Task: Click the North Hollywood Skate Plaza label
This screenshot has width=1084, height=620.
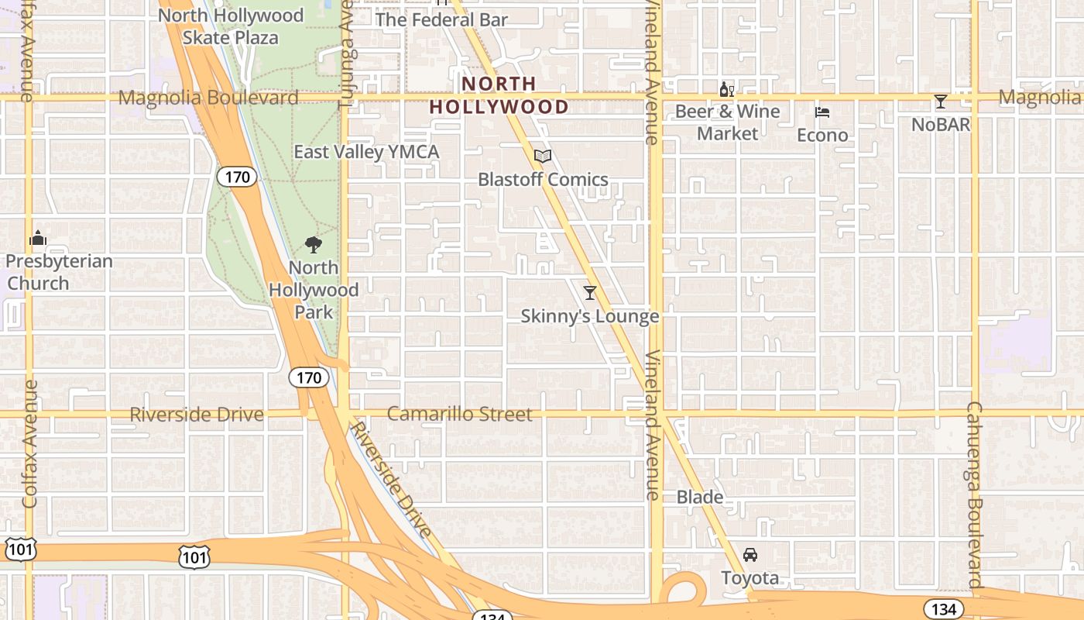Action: pos(231,26)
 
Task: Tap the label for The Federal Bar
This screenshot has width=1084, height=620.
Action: pos(441,19)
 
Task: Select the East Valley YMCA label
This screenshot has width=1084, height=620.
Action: pos(366,152)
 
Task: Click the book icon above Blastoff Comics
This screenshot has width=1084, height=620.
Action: pos(543,157)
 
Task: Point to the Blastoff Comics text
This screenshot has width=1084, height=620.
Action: pos(543,180)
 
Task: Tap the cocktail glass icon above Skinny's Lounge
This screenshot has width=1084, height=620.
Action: pos(590,292)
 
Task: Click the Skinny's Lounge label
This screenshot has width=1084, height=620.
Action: pos(590,316)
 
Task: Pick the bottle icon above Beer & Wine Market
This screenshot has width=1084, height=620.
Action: pos(726,90)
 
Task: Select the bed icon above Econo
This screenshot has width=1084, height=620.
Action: pos(822,112)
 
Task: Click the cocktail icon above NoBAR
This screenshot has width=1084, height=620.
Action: pos(941,102)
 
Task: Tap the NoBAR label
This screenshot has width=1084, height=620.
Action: pos(941,124)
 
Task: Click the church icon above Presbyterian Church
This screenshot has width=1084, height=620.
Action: pos(38,238)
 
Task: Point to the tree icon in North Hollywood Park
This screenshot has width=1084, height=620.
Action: pos(314,245)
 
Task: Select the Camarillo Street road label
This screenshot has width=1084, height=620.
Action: pos(459,415)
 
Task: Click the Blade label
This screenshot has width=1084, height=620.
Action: pos(700,498)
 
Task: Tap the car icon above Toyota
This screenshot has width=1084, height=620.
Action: pos(750,555)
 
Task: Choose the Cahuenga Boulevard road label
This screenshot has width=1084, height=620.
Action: pos(974,496)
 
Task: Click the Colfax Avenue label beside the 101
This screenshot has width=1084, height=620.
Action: pos(30,443)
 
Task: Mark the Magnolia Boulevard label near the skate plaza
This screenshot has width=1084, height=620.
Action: pos(208,98)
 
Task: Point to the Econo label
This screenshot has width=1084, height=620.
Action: pos(822,136)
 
